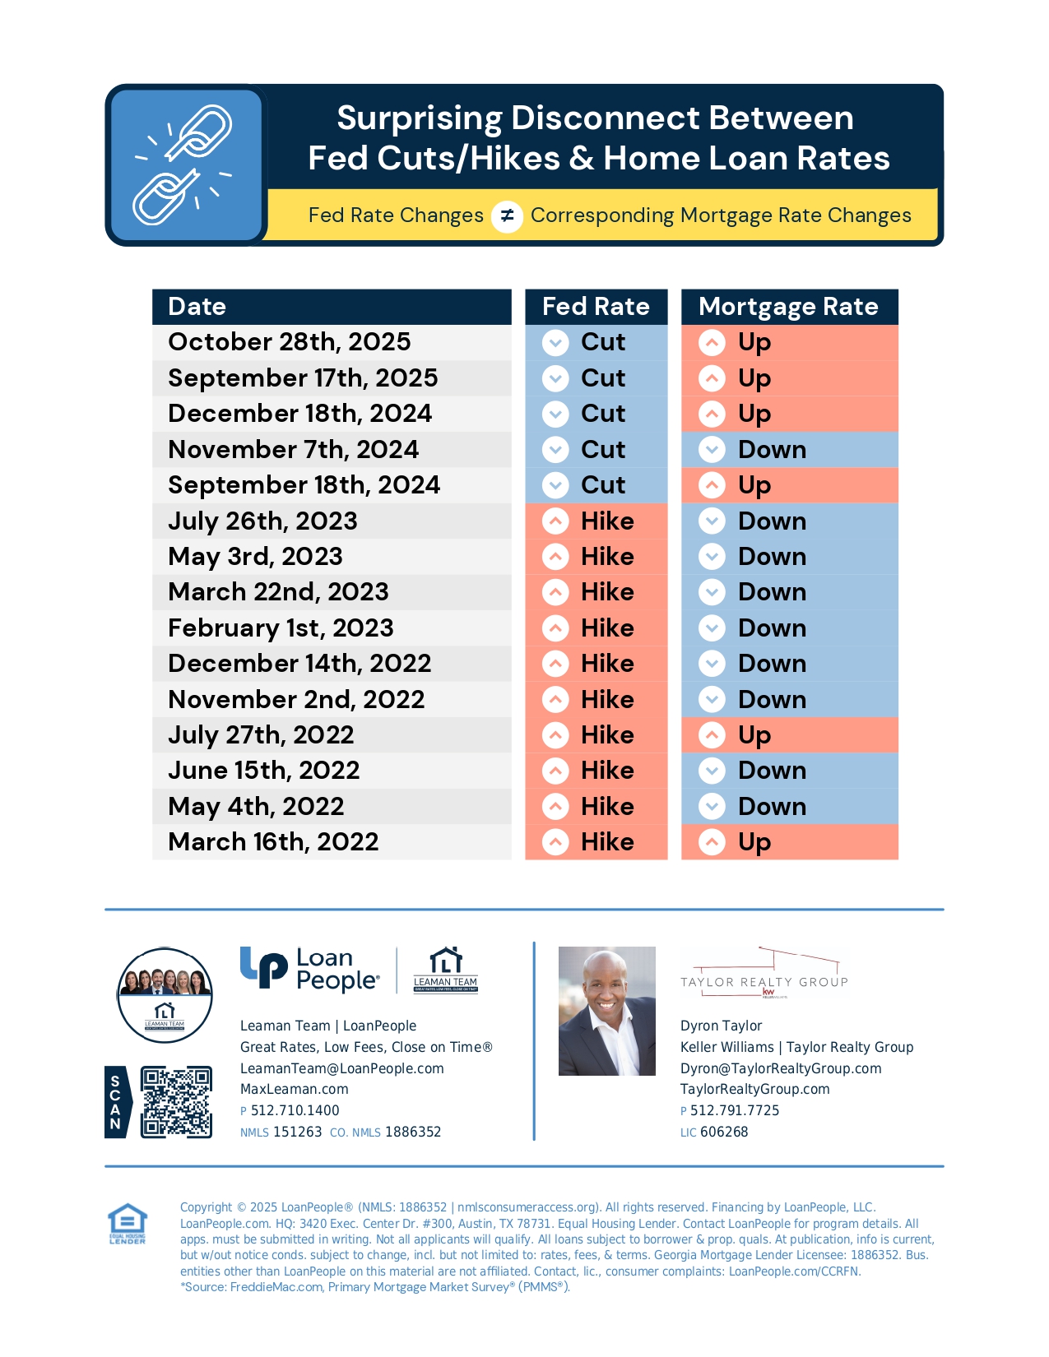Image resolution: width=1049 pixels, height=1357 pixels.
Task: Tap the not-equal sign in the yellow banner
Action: click(x=507, y=216)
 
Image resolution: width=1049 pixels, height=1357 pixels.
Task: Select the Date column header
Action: click(x=331, y=307)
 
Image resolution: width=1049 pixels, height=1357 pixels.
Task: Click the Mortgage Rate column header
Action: click(x=788, y=307)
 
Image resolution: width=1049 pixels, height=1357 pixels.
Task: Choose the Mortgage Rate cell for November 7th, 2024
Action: click(x=788, y=450)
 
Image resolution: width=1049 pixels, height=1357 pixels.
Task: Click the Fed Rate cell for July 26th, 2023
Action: click(x=596, y=521)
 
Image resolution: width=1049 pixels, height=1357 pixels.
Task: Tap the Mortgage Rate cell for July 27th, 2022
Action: click(x=788, y=735)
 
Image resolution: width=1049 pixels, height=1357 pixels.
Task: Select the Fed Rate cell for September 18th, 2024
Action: click(x=596, y=485)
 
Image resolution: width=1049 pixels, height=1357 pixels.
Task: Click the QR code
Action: click(x=176, y=1102)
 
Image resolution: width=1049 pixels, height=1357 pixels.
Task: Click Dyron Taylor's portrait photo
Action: click(x=606, y=1011)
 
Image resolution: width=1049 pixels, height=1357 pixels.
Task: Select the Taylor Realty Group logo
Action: click(x=764, y=975)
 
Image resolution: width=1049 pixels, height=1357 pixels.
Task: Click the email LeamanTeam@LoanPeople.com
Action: click(x=341, y=1068)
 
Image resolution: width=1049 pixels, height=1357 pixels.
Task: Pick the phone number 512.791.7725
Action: click(x=734, y=1111)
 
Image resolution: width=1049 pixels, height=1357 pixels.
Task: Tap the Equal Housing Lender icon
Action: click(x=128, y=1224)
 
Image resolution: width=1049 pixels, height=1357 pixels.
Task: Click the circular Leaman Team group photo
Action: click(x=165, y=995)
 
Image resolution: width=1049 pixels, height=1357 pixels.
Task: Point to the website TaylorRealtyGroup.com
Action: click(x=754, y=1090)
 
